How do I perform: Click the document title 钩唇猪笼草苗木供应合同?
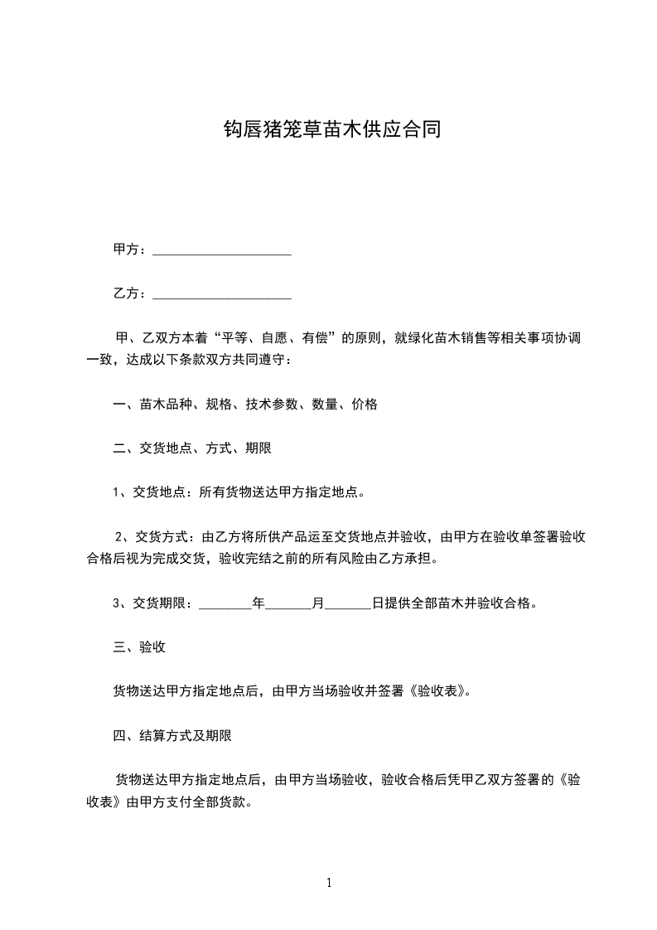tap(328, 130)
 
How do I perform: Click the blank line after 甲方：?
tap(222, 249)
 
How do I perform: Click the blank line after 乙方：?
tap(222, 293)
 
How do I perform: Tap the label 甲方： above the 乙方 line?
tap(130, 249)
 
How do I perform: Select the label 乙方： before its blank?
tap(130, 293)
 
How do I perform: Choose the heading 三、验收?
tap(139, 647)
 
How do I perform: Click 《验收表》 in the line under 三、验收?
tap(439, 690)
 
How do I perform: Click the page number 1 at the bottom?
tap(329, 883)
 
